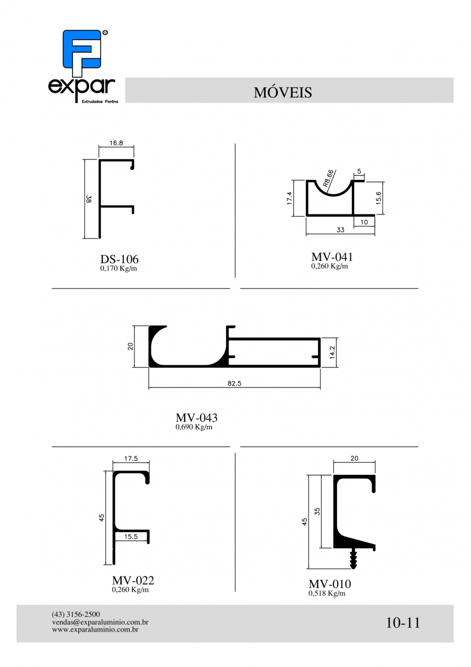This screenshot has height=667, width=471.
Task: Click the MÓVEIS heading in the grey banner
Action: pos(283,92)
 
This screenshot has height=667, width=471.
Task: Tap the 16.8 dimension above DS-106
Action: pos(116,143)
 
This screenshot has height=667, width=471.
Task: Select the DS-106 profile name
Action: pos(120,259)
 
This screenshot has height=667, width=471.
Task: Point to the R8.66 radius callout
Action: pos(329,178)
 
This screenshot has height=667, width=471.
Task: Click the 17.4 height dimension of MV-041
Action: pos(289,198)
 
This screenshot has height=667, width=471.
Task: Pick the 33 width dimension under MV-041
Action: pos(340,230)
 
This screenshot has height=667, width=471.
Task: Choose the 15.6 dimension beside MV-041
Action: pos(378,198)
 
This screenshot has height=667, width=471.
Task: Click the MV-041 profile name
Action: pos(332,256)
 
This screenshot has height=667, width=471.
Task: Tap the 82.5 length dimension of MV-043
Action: pos(234,383)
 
